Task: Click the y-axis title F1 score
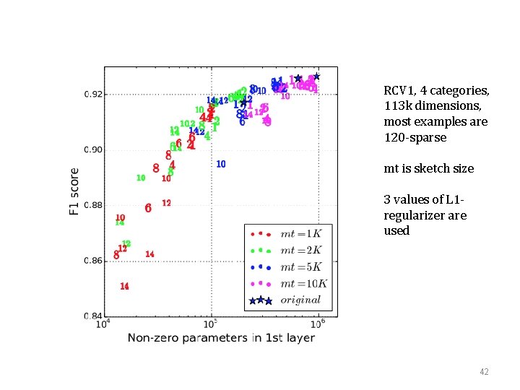(x=74, y=191)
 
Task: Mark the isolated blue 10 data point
(x=221, y=164)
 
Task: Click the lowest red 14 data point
(x=124, y=286)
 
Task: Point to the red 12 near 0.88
(x=166, y=203)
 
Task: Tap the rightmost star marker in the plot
(x=316, y=76)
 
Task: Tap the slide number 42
(x=484, y=371)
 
